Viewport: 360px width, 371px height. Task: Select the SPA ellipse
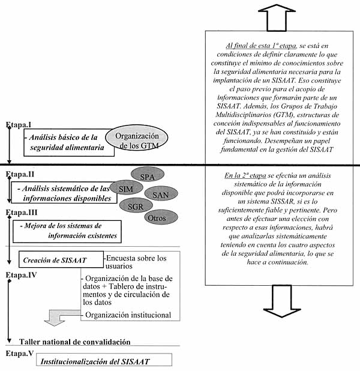(x=146, y=176)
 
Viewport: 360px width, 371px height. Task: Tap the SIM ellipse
(x=127, y=189)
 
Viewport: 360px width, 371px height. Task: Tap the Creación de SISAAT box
(x=49, y=260)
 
